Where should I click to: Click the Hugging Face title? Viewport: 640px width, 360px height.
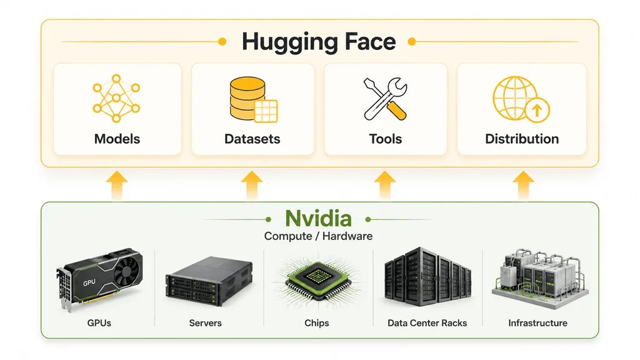[x=319, y=42]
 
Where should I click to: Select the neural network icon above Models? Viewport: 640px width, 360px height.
[x=116, y=98]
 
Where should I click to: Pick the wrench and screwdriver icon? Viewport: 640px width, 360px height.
[x=385, y=99]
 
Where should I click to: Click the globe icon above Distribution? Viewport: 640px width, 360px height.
[x=521, y=99]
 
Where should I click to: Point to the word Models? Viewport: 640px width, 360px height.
[x=117, y=139]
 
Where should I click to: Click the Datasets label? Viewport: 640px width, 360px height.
[x=252, y=139]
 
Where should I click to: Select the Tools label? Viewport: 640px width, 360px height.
[x=385, y=139]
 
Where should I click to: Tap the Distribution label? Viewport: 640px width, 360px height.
[x=522, y=139]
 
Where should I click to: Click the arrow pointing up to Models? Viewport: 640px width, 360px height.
[x=117, y=186]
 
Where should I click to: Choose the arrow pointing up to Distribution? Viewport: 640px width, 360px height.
[x=523, y=186]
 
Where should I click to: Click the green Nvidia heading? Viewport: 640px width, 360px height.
[x=318, y=218]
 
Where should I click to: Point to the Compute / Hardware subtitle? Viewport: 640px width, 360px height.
[x=318, y=236]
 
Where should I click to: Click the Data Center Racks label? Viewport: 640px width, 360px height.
[x=427, y=323]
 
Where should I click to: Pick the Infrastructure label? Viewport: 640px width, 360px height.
[x=537, y=323]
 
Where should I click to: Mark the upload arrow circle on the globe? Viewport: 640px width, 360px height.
[x=537, y=110]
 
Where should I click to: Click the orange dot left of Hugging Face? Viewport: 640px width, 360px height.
[x=222, y=42]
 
